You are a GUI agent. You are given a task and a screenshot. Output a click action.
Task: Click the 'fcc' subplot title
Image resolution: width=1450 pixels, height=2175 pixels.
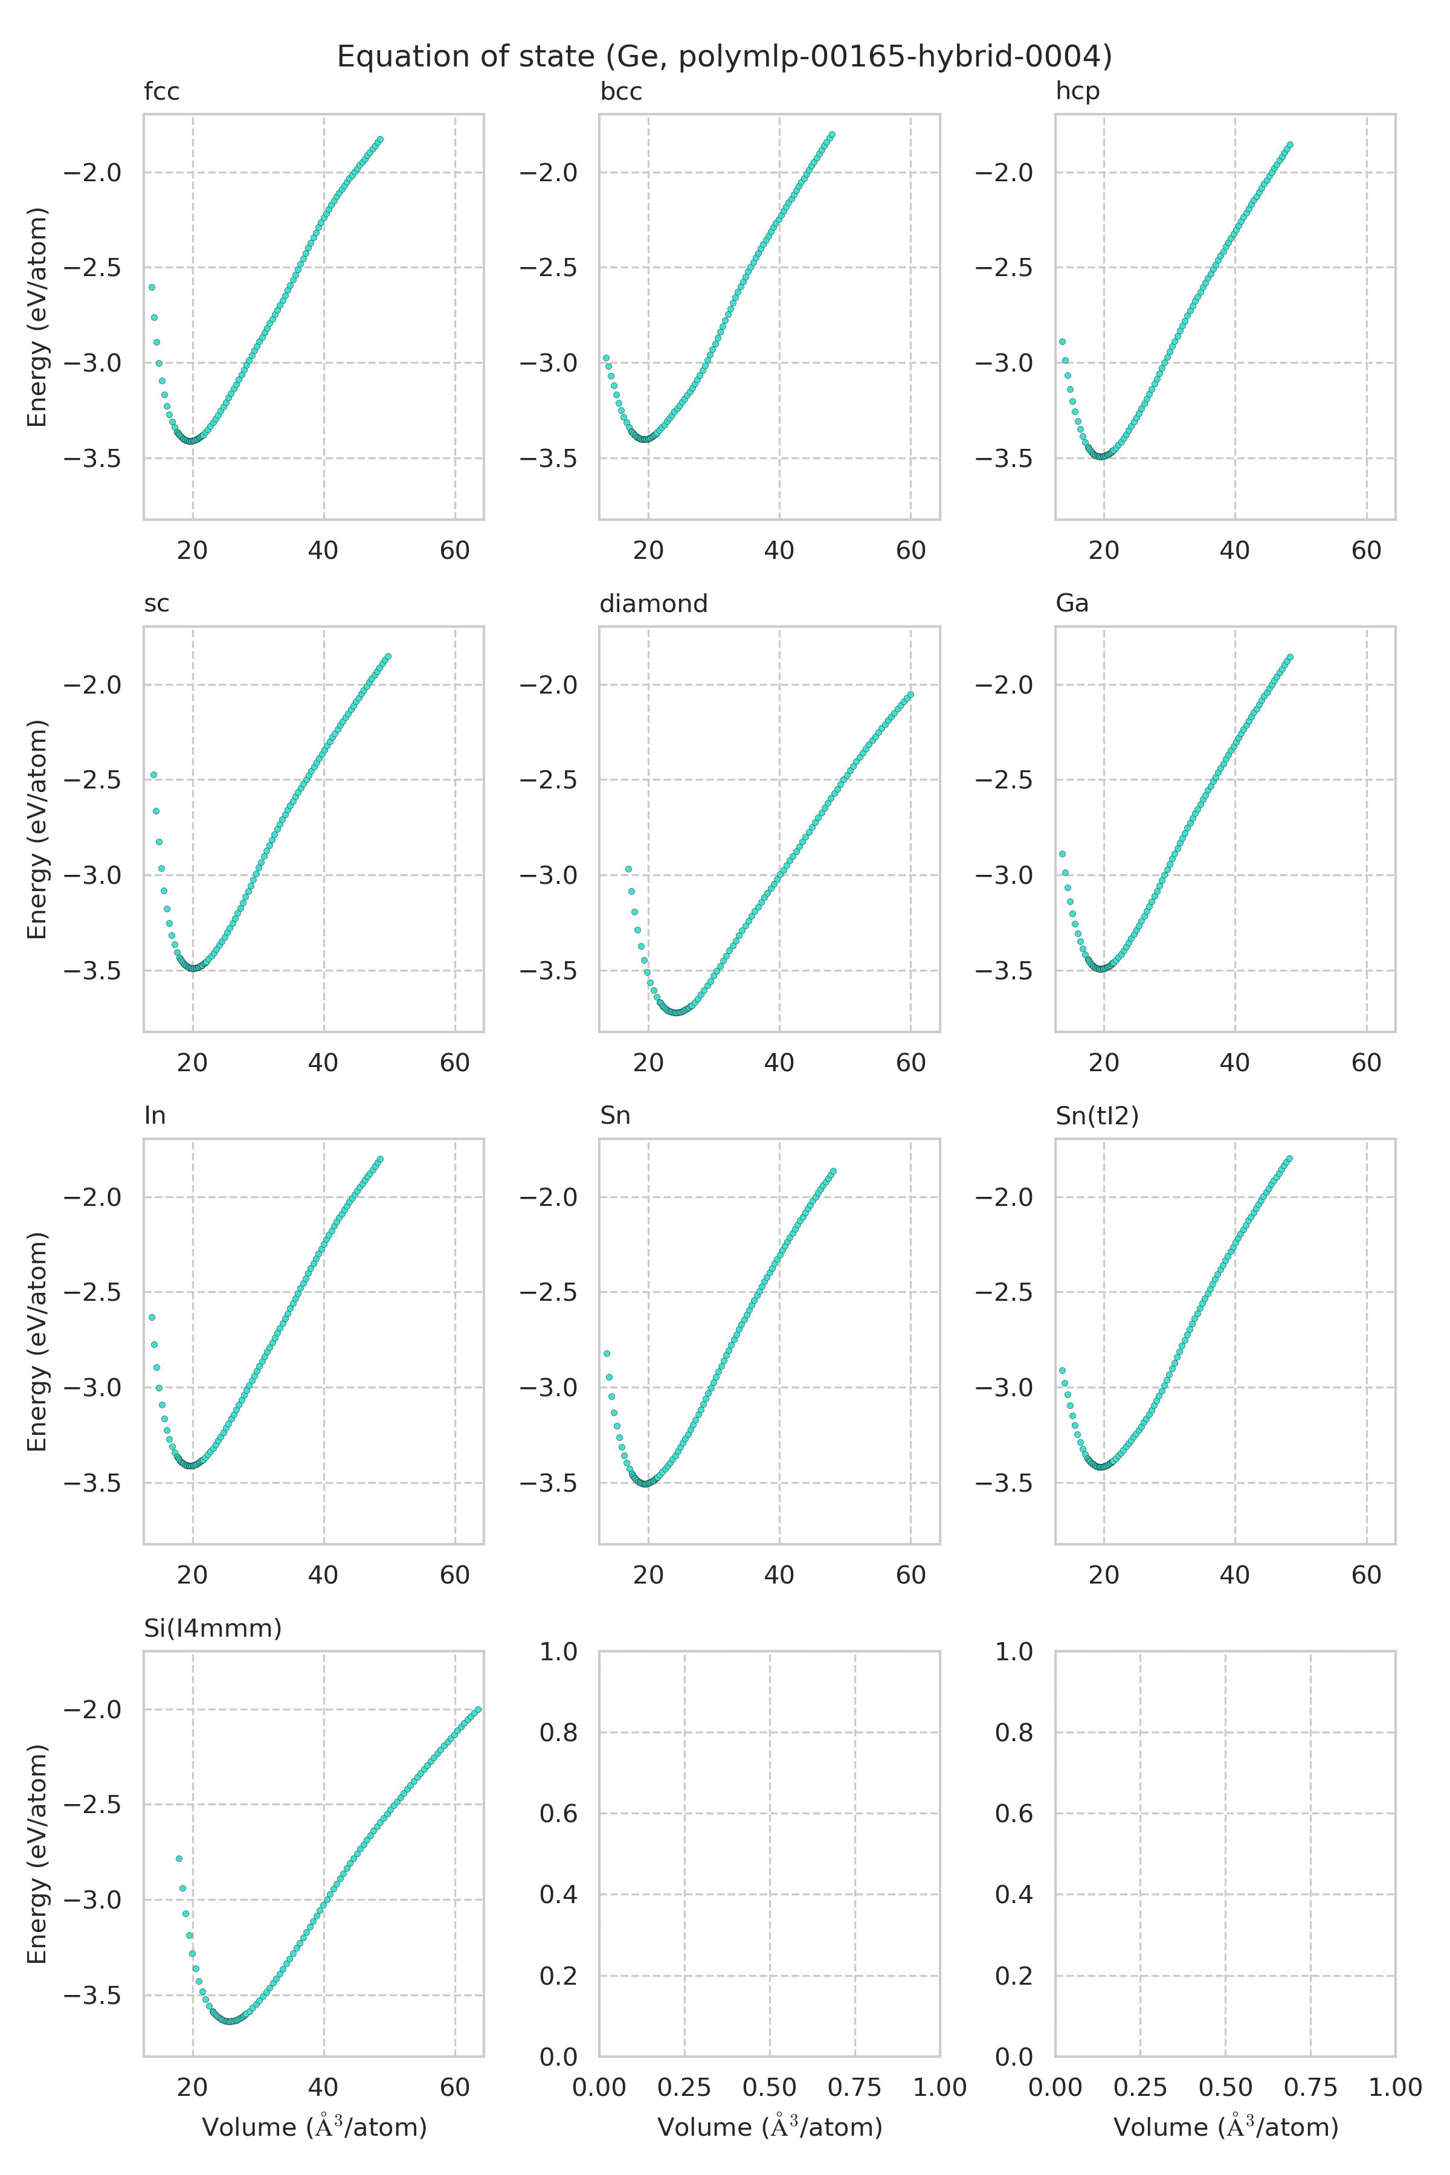click(162, 92)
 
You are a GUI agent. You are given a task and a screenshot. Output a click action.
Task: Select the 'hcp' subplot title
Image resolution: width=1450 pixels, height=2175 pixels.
click(1077, 92)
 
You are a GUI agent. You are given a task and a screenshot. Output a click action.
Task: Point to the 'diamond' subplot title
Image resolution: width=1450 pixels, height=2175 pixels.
click(653, 604)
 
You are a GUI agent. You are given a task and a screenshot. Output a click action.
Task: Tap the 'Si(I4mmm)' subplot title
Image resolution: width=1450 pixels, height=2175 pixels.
click(213, 1628)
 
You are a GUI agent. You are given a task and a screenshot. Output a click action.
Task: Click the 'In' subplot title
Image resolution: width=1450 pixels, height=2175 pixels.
click(155, 1116)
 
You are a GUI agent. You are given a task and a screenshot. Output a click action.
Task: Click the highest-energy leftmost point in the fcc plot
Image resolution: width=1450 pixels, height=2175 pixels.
click(152, 288)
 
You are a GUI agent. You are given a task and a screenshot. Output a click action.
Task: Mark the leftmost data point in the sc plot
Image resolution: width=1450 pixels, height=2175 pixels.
click(153, 775)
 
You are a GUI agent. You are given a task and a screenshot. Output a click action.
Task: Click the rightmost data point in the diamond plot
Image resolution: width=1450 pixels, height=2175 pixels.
click(911, 694)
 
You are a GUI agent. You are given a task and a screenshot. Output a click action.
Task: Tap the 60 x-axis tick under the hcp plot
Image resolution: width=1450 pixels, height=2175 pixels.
click(1366, 551)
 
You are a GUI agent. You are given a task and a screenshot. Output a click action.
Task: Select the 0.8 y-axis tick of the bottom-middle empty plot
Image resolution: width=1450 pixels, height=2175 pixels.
click(558, 1733)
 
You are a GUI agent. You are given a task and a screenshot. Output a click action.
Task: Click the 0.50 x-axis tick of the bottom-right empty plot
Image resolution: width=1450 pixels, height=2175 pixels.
click(1225, 2088)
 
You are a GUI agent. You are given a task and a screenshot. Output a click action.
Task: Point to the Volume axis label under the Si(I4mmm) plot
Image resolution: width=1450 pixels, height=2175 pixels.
click(314, 2128)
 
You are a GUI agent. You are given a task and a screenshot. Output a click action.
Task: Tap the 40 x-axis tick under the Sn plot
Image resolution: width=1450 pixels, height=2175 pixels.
click(779, 1576)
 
